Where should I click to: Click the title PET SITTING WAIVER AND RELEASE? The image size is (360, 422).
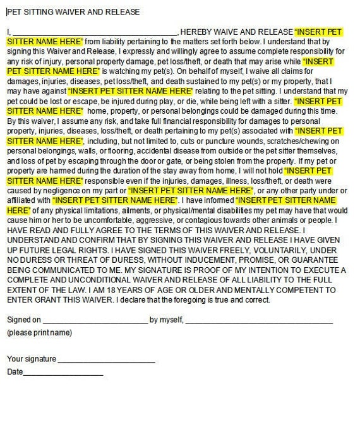73,12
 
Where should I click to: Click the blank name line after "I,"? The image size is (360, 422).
95,32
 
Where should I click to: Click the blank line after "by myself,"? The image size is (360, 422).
259,320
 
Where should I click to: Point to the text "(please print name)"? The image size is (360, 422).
39,333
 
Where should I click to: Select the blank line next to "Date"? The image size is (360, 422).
63,372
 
